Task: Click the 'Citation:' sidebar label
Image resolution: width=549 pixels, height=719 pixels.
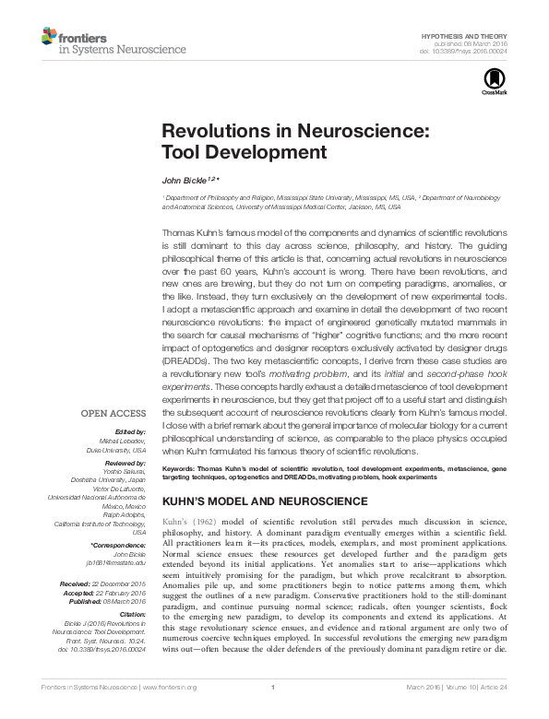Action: click(x=130, y=613)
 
